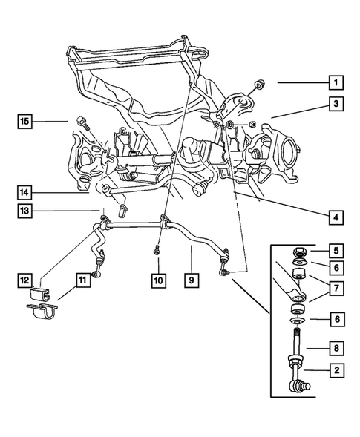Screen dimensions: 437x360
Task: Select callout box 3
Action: (337, 105)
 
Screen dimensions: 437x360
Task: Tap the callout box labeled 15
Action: (25, 120)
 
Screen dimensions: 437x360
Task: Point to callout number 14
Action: (25, 193)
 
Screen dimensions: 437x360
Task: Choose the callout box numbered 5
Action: (337, 252)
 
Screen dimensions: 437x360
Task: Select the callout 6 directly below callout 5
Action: (337, 268)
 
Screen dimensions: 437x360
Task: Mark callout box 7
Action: (337, 286)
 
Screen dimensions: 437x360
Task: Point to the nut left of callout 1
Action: (256, 83)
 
